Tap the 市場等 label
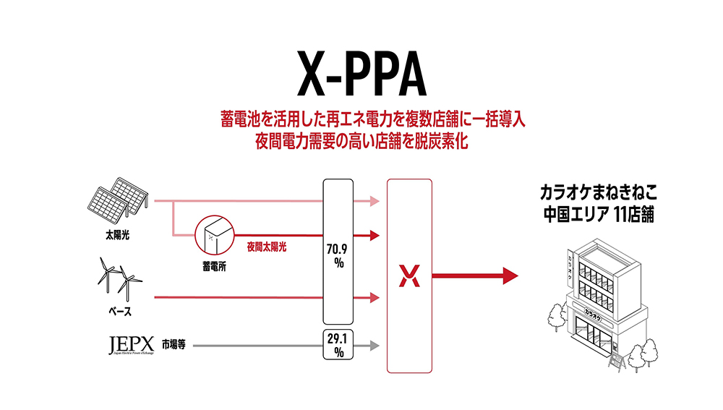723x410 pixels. point(174,345)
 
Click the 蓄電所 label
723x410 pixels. point(215,265)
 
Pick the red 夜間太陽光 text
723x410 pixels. point(266,247)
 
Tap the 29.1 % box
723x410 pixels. point(337,345)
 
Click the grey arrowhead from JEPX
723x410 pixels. point(374,346)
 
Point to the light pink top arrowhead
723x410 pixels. point(373,200)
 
